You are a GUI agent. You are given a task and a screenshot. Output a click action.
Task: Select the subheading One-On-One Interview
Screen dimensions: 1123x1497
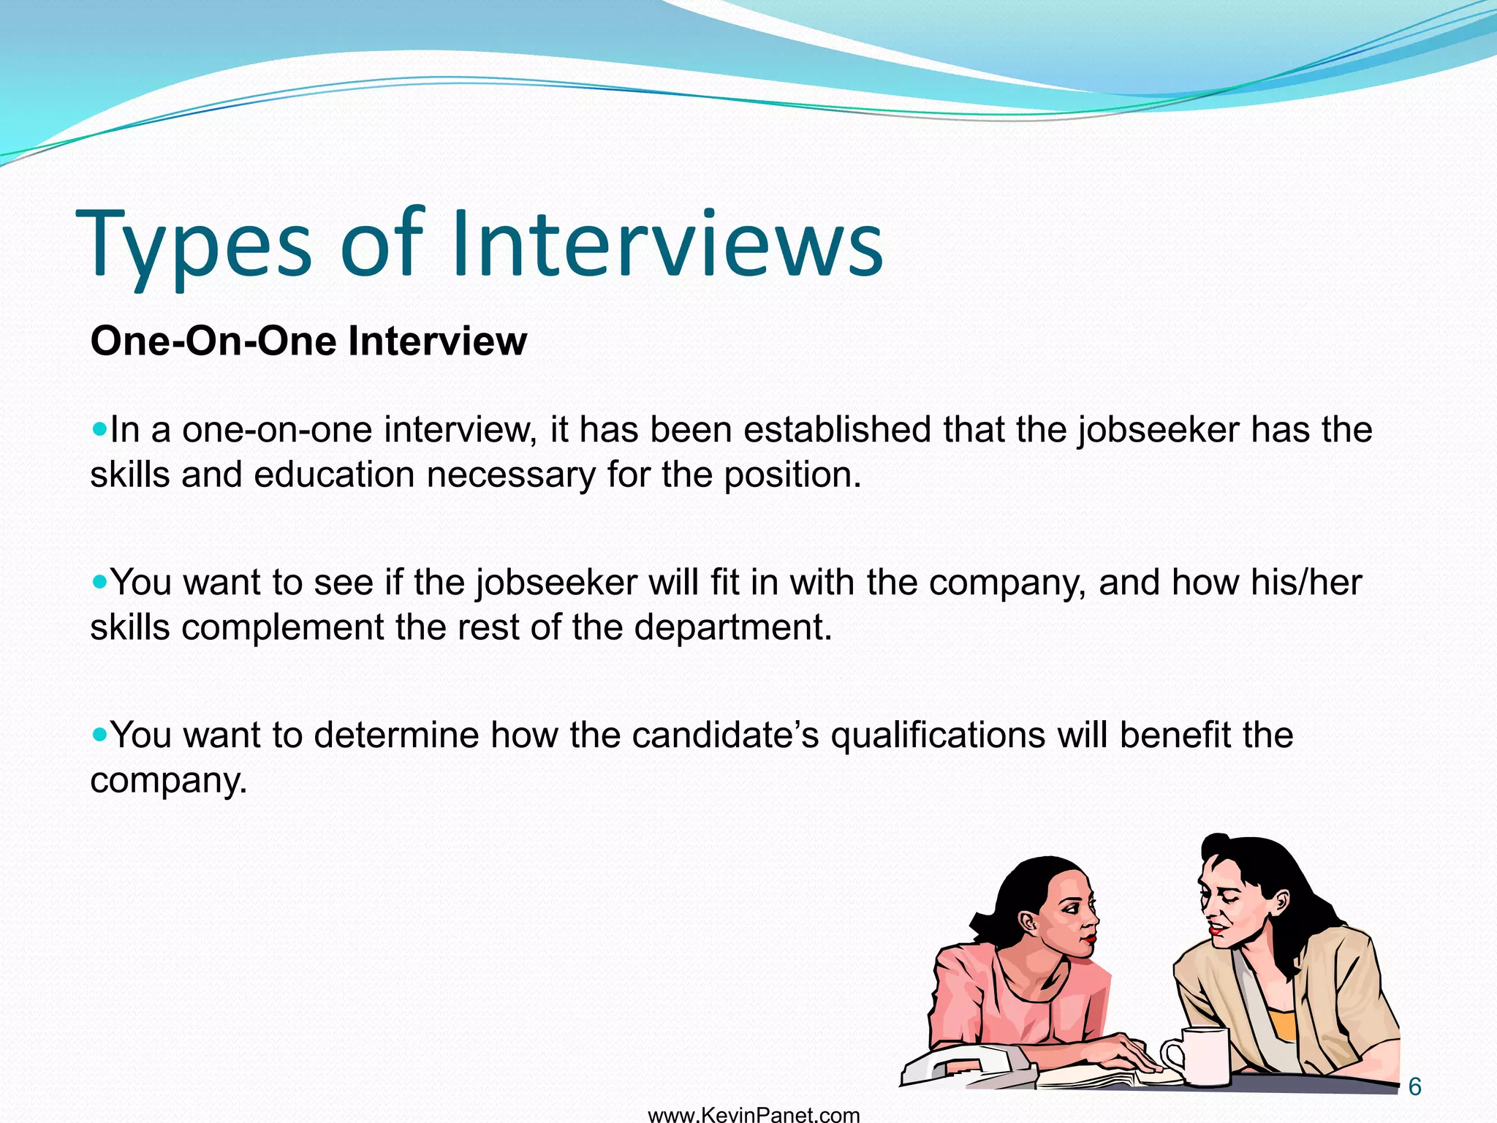pyautogui.click(x=308, y=341)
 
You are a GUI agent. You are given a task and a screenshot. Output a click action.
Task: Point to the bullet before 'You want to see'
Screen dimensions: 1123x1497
pyautogui.click(x=99, y=581)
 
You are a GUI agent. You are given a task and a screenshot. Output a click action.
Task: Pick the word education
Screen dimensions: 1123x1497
pyautogui.click(x=335, y=474)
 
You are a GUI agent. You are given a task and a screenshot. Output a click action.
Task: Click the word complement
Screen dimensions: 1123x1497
pyautogui.click(x=282, y=627)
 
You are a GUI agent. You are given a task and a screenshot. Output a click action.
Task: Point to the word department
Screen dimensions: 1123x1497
pyautogui.click(x=732, y=627)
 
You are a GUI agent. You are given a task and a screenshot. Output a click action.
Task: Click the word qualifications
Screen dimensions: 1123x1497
pyautogui.click(x=938, y=735)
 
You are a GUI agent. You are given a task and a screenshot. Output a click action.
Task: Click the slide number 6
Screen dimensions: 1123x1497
pyautogui.click(x=1414, y=1087)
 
